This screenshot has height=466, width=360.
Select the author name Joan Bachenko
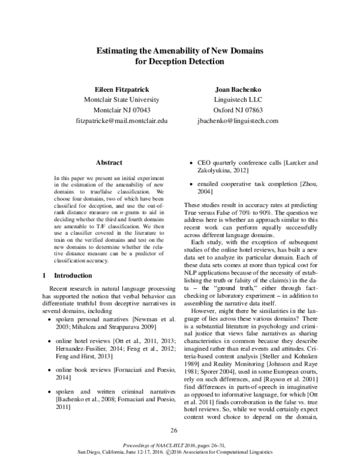pos(238,89)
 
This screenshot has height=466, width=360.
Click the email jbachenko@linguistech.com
pos(238,121)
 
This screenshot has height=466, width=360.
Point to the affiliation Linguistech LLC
pos(238,100)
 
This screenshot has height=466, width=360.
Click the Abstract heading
pos(109,162)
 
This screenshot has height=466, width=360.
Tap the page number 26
pos(175,430)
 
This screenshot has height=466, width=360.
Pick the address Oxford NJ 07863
pos(238,110)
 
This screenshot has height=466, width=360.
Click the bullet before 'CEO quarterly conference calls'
pos(191,163)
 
